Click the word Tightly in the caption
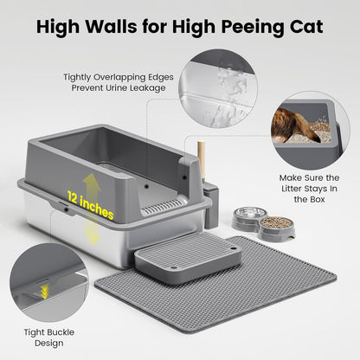pyautogui.click(x=80, y=76)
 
